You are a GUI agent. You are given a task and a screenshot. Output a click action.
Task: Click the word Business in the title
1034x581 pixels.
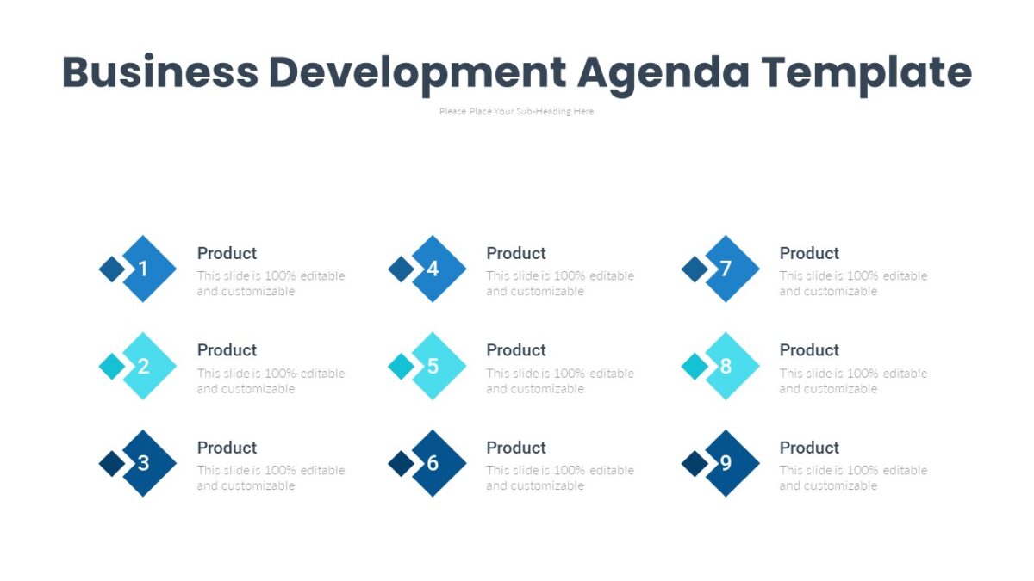159,72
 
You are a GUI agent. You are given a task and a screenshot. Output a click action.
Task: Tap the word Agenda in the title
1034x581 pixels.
663,72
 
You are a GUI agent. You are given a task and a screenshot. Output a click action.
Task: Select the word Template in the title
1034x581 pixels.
866,72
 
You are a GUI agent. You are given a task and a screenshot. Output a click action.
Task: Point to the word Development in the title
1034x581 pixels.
418,72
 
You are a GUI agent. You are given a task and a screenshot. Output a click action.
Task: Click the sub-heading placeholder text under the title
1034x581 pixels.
516,111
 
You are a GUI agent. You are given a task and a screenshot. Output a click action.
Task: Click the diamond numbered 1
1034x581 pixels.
144,269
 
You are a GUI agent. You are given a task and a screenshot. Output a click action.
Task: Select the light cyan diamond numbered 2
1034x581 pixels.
144,366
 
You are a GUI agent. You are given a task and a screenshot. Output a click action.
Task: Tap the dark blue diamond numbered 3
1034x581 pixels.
144,463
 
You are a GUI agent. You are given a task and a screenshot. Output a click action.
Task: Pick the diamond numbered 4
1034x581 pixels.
433,269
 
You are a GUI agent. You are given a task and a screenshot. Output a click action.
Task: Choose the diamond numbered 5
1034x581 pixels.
433,366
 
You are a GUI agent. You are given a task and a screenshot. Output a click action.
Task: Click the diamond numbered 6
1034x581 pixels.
433,463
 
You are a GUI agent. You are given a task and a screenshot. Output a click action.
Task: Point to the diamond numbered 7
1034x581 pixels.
726,269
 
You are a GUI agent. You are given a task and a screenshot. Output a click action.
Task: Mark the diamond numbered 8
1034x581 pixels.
726,366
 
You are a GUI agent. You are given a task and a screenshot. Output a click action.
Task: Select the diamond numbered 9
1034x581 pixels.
726,463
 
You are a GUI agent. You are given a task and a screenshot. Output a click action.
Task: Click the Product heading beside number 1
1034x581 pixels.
227,253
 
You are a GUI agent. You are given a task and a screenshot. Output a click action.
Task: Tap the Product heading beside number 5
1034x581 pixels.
516,350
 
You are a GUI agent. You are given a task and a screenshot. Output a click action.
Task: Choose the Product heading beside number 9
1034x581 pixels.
809,448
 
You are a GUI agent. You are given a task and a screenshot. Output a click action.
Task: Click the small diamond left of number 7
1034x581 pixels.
694,269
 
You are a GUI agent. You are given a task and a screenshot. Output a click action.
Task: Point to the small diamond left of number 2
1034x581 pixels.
111,366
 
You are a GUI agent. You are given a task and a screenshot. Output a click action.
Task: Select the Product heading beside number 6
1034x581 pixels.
516,448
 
